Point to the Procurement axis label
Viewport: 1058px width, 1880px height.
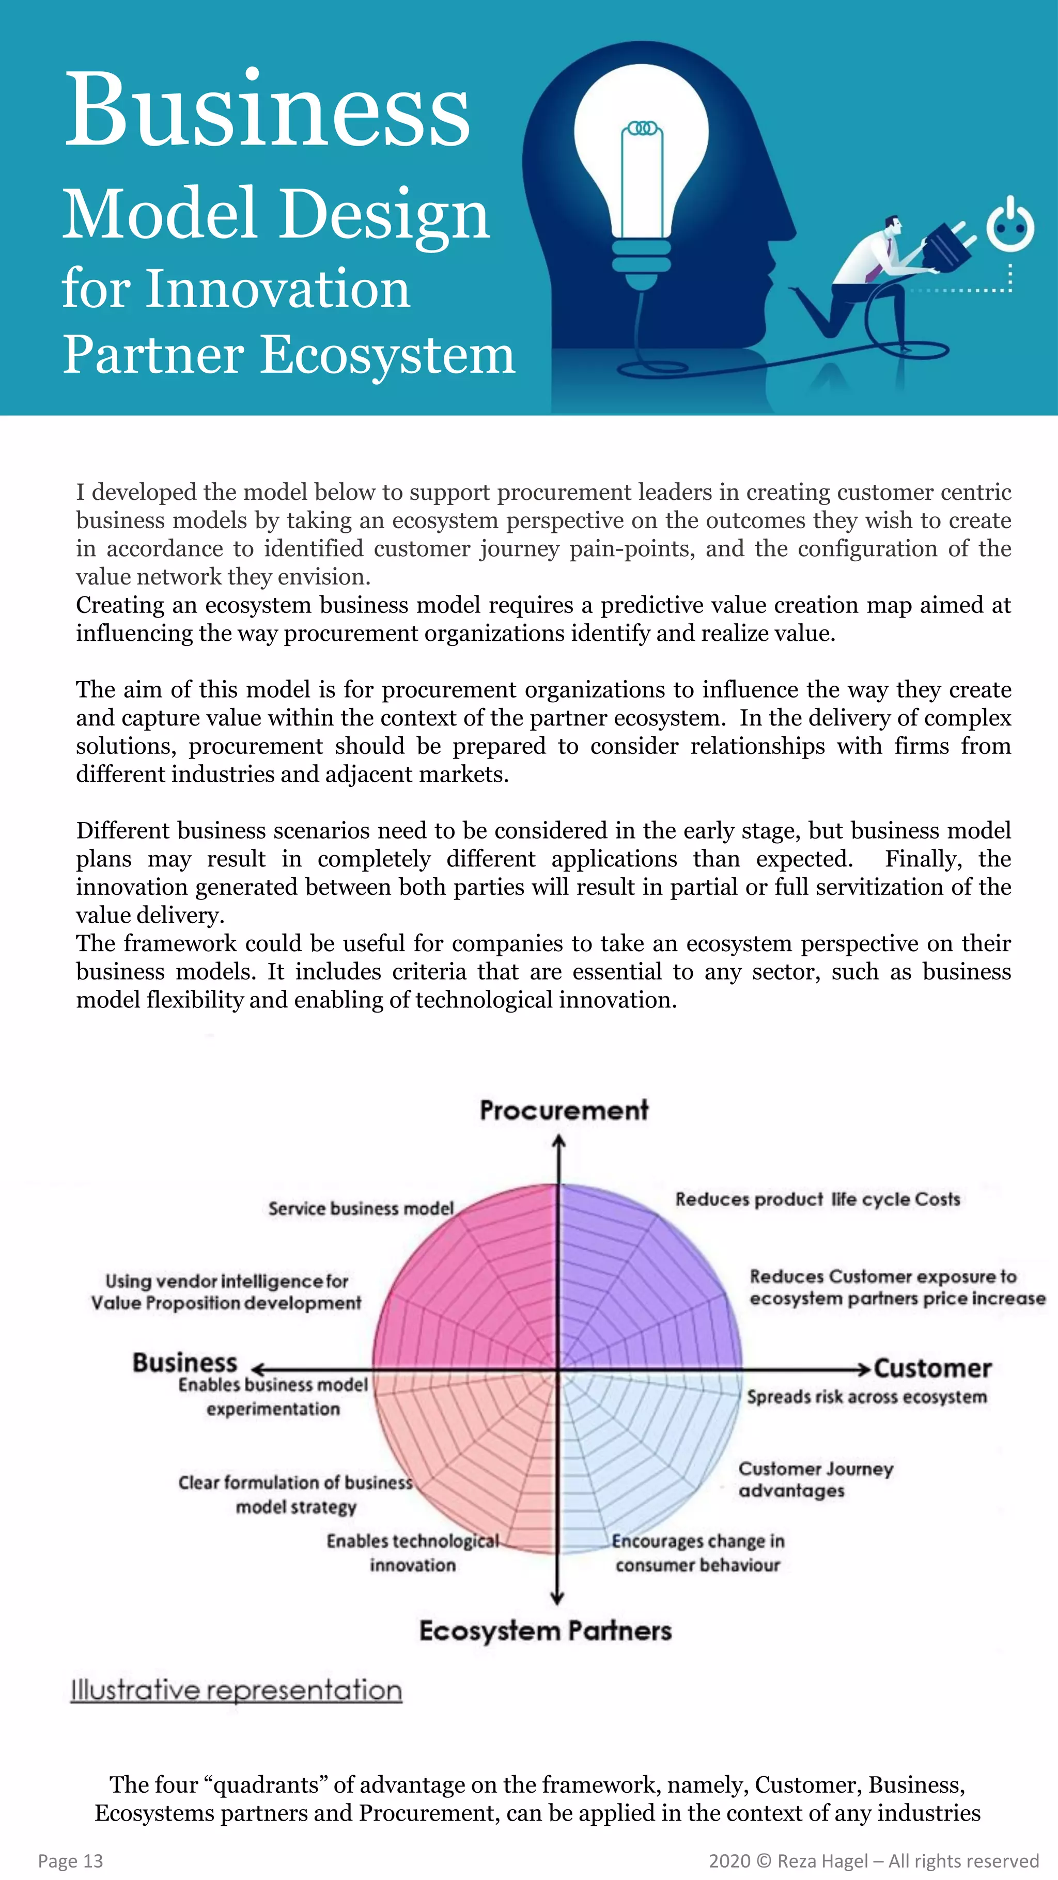pos(563,1110)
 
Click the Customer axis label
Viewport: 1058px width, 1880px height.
pos(932,1368)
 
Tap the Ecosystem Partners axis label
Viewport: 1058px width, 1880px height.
pos(544,1631)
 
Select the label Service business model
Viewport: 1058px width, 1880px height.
pos(361,1209)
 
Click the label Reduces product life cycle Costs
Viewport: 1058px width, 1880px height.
pos(817,1199)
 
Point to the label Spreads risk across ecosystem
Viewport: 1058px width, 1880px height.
pos(866,1397)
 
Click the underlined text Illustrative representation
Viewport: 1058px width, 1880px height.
pos(236,1691)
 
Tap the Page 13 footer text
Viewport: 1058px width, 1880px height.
pos(70,1860)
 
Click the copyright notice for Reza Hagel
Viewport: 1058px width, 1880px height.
pos(873,1860)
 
